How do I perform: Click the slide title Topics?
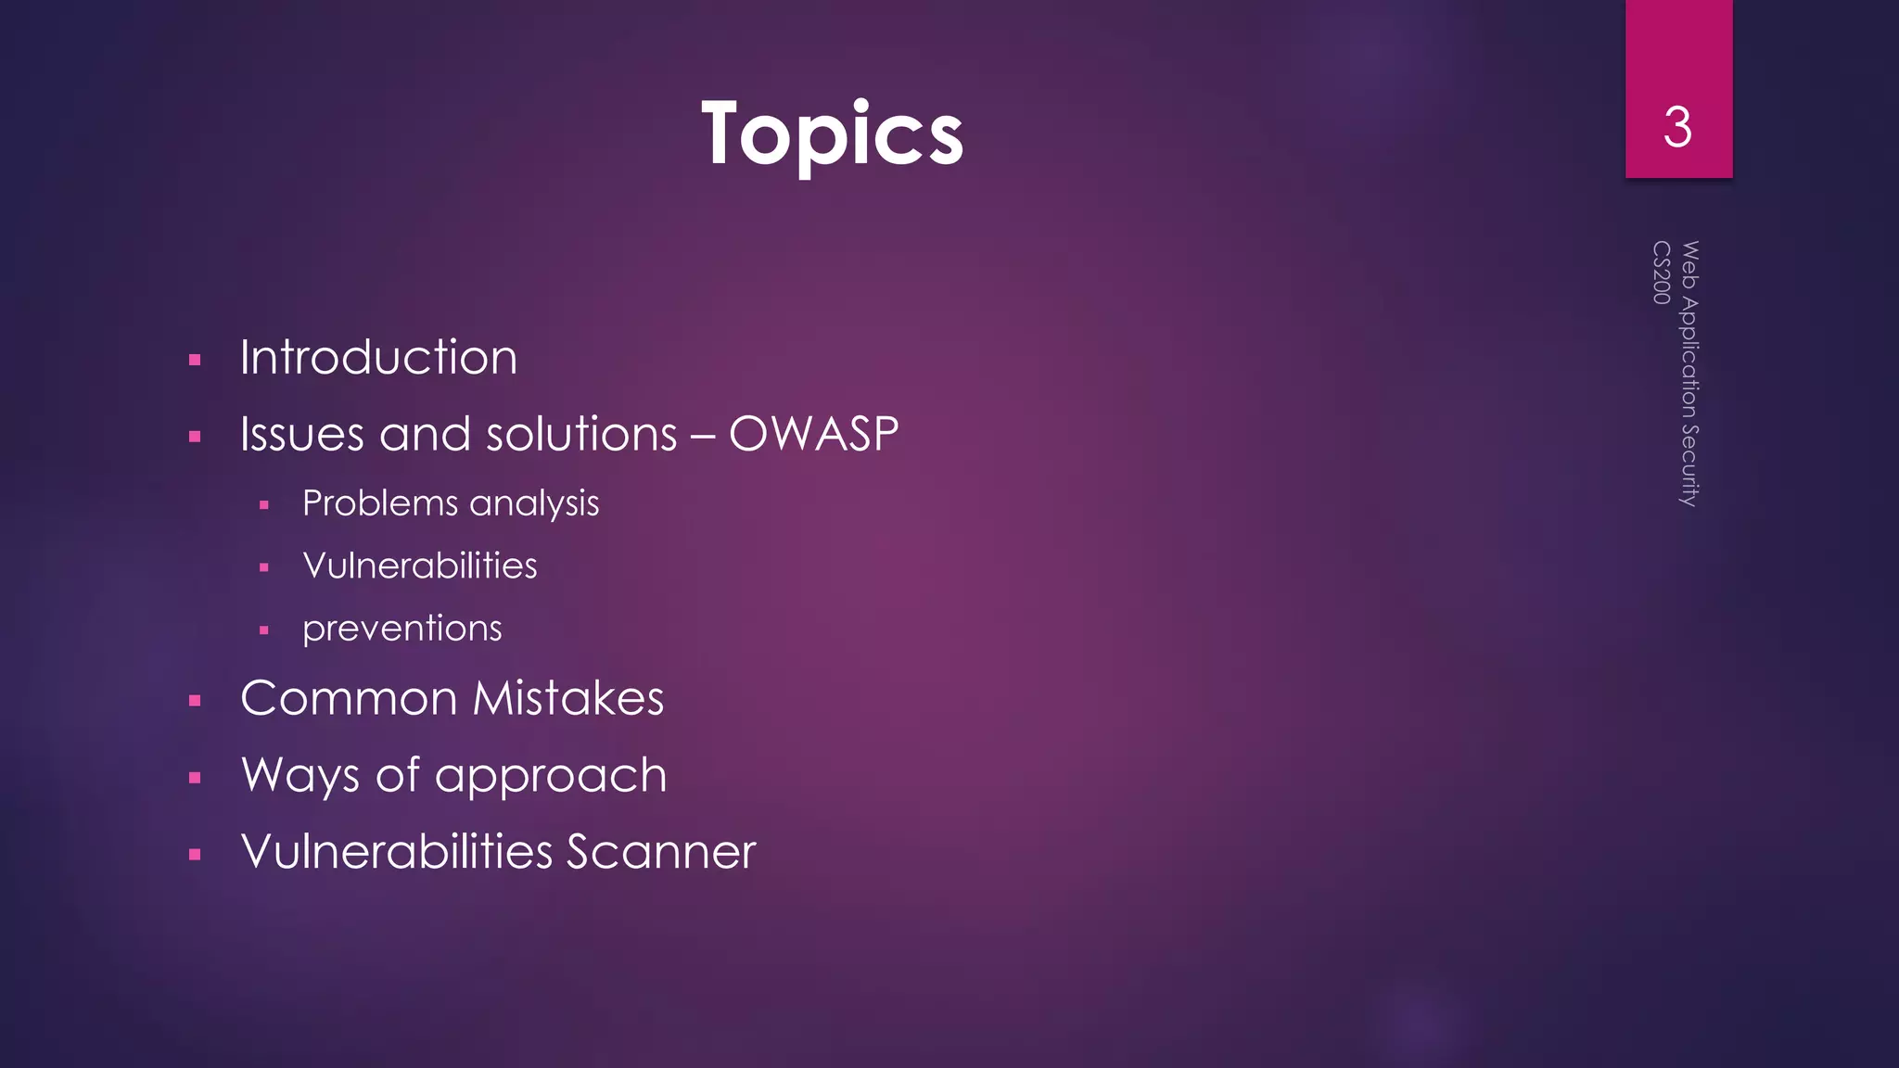pyautogui.click(x=832, y=134)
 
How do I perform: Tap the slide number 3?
pyautogui.click(x=1677, y=128)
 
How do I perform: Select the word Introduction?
pyautogui.click(x=378, y=358)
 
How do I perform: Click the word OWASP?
pyautogui.click(x=813, y=434)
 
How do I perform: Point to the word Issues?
pyautogui.click(x=301, y=434)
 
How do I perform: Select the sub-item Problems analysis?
pyautogui.click(x=451, y=503)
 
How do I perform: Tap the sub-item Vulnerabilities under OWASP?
pyautogui.click(x=420, y=566)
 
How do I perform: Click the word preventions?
pyautogui.click(x=401, y=629)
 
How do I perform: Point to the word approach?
pyautogui.click(x=551, y=776)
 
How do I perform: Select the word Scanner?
pyautogui.click(x=661, y=852)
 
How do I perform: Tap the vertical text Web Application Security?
pyautogui.click(x=1689, y=373)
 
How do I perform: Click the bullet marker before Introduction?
pyautogui.click(x=195, y=360)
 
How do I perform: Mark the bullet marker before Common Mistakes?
pyautogui.click(x=195, y=701)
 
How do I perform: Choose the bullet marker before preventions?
pyautogui.click(x=264, y=630)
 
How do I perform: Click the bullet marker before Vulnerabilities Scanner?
pyautogui.click(x=195, y=855)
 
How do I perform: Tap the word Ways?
pyautogui.click(x=300, y=776)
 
